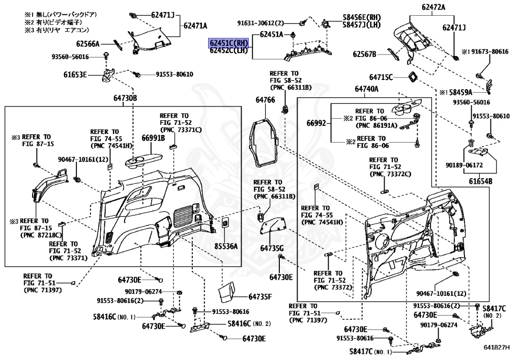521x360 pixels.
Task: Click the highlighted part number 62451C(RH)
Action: (x=229, y=43)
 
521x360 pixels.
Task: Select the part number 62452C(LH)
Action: (x=229, y=50)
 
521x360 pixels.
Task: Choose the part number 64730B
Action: (x=125, y=98)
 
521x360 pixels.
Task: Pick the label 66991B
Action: (x=153, y=137)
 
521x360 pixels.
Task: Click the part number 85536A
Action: (x=226, y=246)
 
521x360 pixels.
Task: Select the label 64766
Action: (x=265, y=100)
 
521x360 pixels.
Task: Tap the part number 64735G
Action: (x=272, y=248)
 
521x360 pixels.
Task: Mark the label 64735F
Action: (x=260, y=296)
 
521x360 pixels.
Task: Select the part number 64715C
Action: (x=381, y=77)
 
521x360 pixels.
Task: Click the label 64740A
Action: (x=367, y=89)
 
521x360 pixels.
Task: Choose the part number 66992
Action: (x=315, y=123)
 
